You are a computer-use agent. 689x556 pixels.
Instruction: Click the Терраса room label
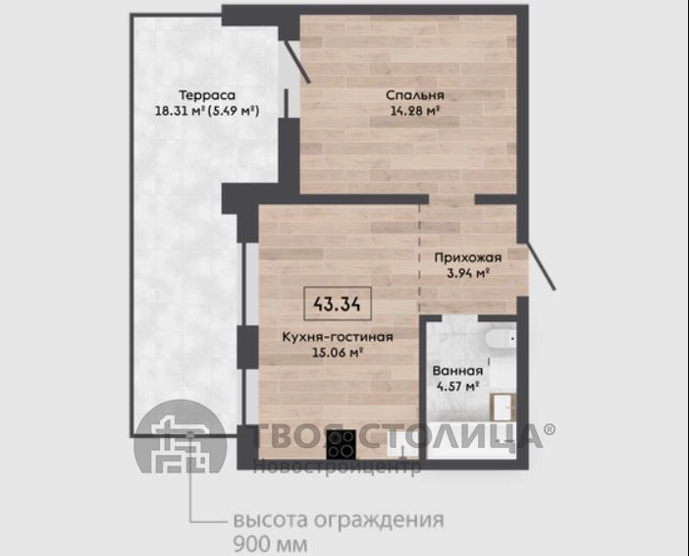pos(207,95)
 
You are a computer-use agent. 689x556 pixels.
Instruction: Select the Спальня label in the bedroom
pos(415,95)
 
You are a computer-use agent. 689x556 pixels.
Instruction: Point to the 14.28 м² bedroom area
pos(415,110)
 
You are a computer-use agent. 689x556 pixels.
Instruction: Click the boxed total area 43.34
pos(338,304)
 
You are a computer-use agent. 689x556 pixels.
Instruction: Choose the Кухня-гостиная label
pos(338,337)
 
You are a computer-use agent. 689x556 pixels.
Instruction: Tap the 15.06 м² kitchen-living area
pos(338,353)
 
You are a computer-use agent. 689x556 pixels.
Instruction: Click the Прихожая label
pos(468,257)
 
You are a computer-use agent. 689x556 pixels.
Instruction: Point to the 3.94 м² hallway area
pos(468,273)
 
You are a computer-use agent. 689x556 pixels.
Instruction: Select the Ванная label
pos(457,370)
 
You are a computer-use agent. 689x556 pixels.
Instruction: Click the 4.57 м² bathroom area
pos(457,386)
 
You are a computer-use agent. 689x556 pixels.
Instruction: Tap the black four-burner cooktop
pos(341,444)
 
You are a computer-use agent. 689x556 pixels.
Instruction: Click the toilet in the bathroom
pos(501,340)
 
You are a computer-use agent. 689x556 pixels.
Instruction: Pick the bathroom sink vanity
pos(503,407)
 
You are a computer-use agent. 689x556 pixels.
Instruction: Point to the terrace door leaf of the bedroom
pos(296,62)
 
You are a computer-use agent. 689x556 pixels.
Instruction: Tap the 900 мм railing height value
pos(270,544)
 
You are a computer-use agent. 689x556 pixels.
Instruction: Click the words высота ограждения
pos(339,520)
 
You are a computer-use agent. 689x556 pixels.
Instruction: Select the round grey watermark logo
pos(180,436)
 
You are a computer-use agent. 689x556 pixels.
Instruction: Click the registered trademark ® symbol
pos(550,429)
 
